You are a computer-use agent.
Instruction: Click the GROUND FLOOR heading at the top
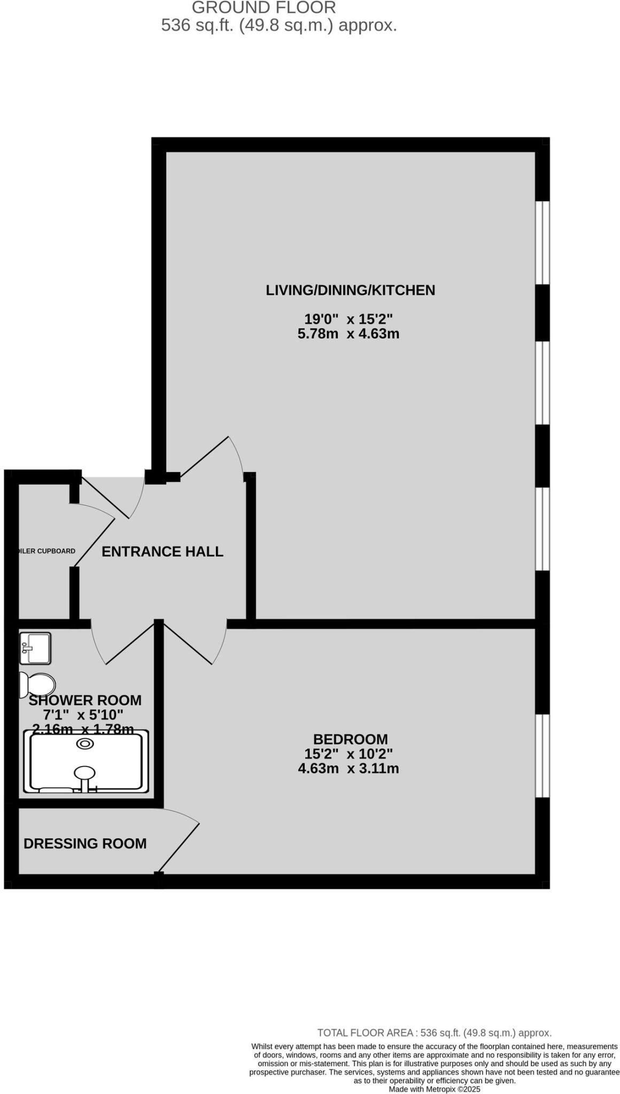pyautogui.click(x=263, y=7)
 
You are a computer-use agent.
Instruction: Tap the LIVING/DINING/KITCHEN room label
pyautogui.click(x=350, y=290)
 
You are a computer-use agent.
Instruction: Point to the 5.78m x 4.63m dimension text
pyautogui.click(x=348, y=334)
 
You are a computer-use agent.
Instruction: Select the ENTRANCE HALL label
pyautogui.click(x=162, y=551)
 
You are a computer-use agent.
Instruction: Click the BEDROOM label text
pyautogui.click(x=350, y=739)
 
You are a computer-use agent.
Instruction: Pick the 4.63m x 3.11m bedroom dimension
pyautogui.click(x=348, y=768)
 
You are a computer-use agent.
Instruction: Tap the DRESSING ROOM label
pyautogui.click(x=85, y=843)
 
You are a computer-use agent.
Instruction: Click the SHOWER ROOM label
pyautogui.click(x=85, y=700)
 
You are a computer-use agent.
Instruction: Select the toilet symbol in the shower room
pyautogui.click(x=37, y=684)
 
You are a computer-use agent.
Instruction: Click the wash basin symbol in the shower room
pyautogui.click(x=35, y=648)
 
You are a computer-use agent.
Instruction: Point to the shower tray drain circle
pyautogui.click(x=85, y=744)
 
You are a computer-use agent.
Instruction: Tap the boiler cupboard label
pyautogui.click(x=46, y=551)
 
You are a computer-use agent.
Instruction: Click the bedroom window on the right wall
pyautogui.click(x=542, y=755)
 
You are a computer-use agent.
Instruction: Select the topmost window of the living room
pyautogui.click(x=542, y=242)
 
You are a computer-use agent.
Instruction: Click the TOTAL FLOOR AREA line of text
pyautogui.click(x=434, y=1033)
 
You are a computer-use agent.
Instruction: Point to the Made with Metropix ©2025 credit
pyautogui.click(x=434, y=1089)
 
